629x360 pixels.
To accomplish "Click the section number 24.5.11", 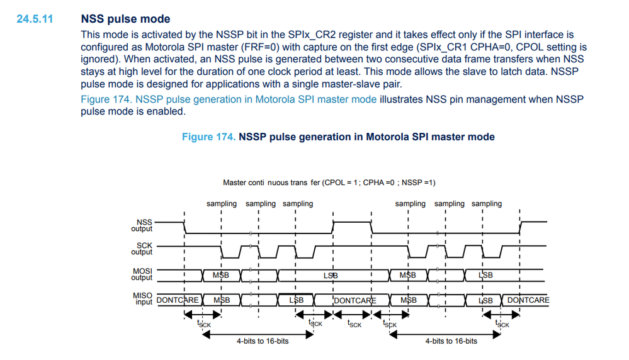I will (35, 20).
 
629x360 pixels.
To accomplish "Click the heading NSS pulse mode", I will (125, 20).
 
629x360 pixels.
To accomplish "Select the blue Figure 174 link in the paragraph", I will (229, 99).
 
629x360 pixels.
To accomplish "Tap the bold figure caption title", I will (338, 137).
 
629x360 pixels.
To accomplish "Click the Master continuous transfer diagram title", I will (329, 183).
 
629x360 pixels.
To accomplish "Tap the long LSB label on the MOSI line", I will (331, 275).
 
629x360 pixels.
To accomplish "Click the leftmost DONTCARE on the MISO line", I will (178, 300).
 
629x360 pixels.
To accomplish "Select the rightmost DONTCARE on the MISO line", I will (528, 300).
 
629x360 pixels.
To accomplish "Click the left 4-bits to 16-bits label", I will (263, 341).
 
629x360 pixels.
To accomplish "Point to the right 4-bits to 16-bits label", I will (451, 341).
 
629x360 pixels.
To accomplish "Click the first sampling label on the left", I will (222, 204).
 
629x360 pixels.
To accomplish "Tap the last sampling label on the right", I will (487, 204).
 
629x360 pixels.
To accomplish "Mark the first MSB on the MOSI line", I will (221, 275).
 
